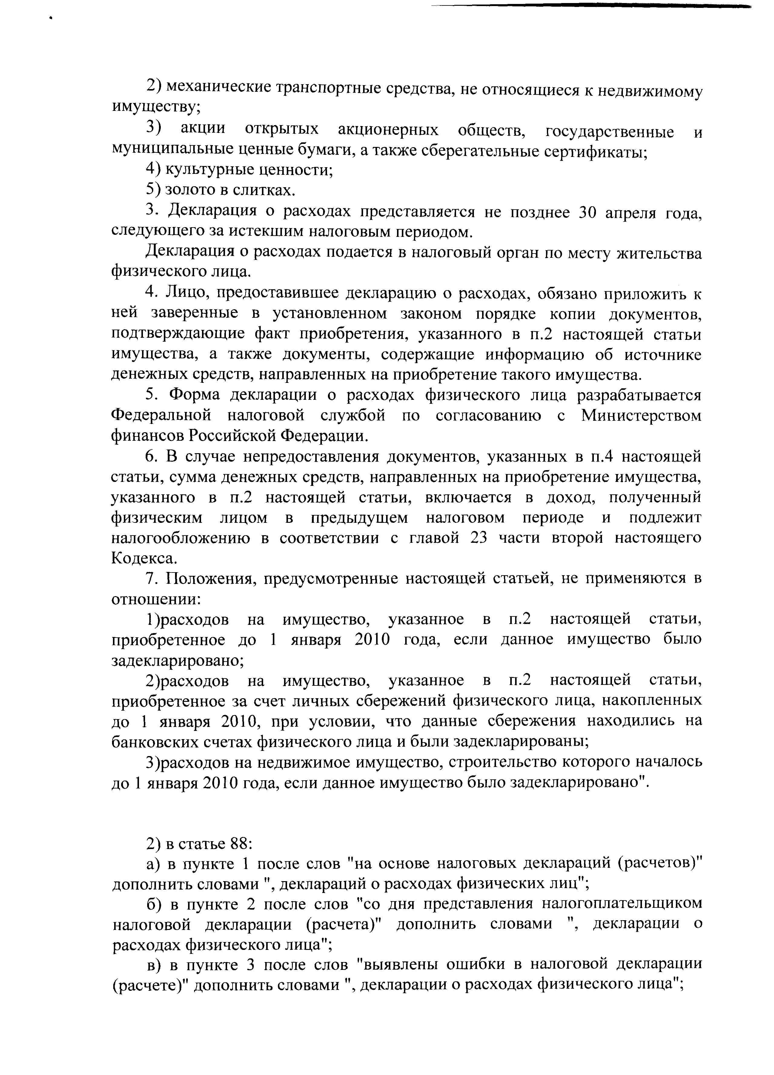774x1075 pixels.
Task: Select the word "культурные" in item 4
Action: point(206,170)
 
